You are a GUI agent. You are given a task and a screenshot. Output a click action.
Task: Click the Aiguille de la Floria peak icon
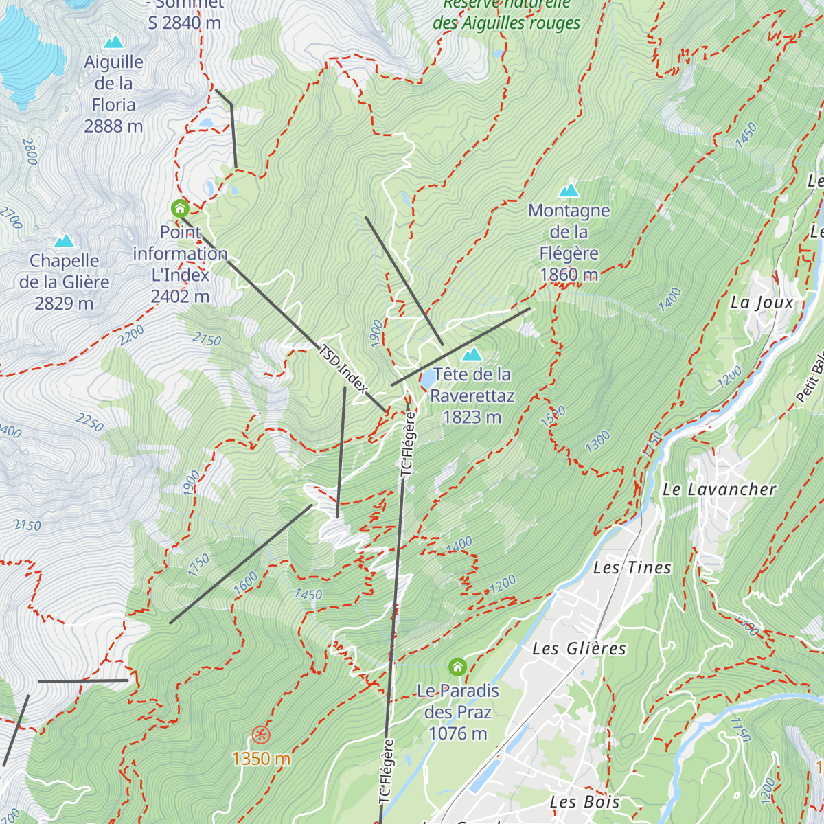pos(113,43)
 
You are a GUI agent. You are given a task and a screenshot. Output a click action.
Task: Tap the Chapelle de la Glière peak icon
pos(64,240)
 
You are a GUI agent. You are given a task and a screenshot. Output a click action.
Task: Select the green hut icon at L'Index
pos(180,207)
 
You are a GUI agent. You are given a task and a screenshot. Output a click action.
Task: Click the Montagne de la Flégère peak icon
pos(569,190)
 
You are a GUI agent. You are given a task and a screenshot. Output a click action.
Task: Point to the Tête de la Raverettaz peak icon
pos(472,354)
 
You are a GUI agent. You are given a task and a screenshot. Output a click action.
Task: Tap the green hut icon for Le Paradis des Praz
pos(457,667)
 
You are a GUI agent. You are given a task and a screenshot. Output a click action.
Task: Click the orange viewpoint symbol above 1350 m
pos(260,735)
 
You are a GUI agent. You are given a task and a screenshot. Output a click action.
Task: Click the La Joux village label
pos(762,303)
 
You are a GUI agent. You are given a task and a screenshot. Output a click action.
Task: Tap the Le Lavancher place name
pos(719,490)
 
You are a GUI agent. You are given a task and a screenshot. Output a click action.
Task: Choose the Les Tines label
pos(632,568)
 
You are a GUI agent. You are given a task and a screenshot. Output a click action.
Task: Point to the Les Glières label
pos(579,649)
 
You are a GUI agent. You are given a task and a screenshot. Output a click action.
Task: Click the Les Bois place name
pos(584,802)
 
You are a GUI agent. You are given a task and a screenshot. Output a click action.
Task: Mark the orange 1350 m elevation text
pos(261,759)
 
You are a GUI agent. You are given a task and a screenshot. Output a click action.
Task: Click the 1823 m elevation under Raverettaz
pos(472,417)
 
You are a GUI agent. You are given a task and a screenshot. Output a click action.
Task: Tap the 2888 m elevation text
pos(113,126)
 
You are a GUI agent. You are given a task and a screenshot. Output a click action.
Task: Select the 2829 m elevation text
pos(64,304)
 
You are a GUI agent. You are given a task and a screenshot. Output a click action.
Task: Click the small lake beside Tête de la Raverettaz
pos(426,378)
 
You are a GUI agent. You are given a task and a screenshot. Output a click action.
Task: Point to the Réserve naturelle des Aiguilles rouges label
pos(507,14)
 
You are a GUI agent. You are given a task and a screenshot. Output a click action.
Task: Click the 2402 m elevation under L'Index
pos(180,297)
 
